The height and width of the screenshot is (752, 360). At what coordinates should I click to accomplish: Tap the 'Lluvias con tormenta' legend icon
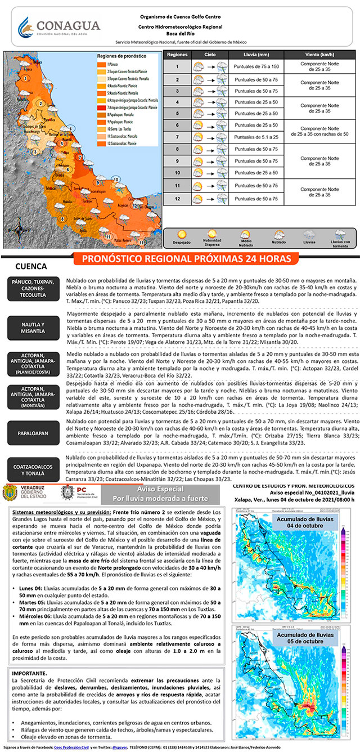tap(339, 235)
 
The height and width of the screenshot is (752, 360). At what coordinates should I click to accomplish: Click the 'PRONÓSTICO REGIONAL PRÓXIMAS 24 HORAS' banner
tap(186, 259)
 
